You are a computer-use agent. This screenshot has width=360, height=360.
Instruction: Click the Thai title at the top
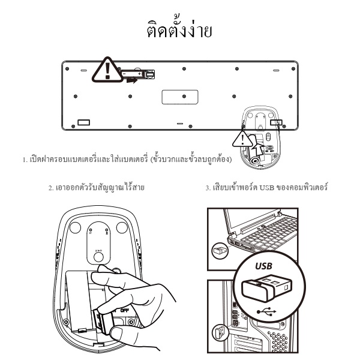pyautogui.click(x=179, y=29)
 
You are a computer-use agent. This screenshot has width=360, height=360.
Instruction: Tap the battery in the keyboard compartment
pyautogui.click(x=139, y=74)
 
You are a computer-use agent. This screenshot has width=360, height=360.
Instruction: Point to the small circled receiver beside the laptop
pyautogui.click(x=220, y=250)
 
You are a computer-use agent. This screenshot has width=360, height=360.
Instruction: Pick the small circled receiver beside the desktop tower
pyautogui.click(x=220, y=332)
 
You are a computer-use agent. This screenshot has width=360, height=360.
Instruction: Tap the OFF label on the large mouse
pyautogui.click(x=124, y=310)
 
